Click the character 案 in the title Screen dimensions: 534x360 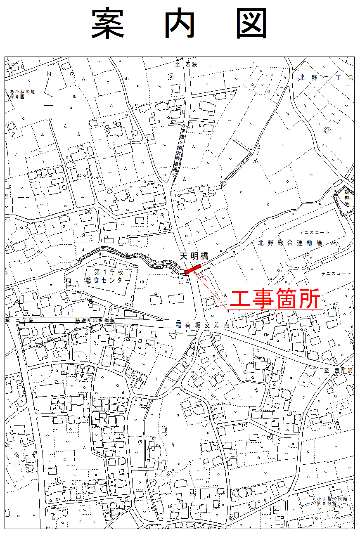[x=108, y=24]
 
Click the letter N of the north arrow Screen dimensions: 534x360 [x=49, y=74]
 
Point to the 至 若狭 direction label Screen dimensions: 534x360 [x=184, y=65]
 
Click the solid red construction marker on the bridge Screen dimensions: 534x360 [x=192, y=269]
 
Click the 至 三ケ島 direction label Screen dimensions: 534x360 [x=18, y=320]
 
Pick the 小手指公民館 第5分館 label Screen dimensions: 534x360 [x=332, y=501]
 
